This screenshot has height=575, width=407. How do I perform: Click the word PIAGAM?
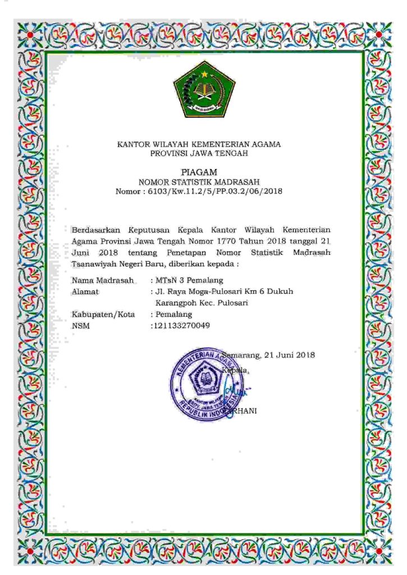(199, 172)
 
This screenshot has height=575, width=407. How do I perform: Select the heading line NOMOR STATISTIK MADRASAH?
(199, 181)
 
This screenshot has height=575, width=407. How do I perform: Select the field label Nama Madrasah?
(103, 280)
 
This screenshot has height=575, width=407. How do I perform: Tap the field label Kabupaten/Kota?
(103, 314)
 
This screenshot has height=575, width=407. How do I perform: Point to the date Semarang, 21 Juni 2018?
(268, 355)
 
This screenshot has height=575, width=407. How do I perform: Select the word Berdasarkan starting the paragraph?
(96, 229)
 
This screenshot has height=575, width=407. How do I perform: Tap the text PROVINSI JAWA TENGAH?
(199, 153)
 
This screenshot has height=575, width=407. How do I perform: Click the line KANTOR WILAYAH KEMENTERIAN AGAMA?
(199, 144)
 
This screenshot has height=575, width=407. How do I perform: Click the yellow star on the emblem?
(205, 74)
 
